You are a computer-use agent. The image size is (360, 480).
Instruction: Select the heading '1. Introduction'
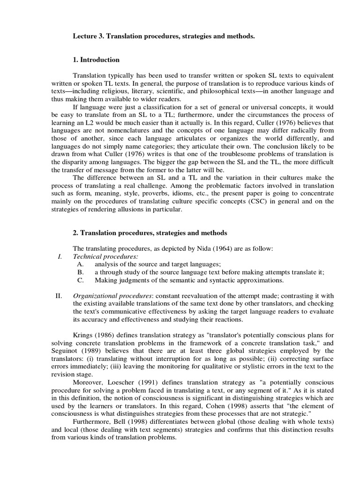[x=96, y=60]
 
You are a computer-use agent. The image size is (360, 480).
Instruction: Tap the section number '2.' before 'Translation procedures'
[x=75, y=232]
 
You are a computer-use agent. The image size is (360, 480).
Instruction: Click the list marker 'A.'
[x=81, y=264]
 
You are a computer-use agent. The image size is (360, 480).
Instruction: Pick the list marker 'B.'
[x=81, y=272]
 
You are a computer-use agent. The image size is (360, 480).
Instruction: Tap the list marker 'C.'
[x=81, y=280]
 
